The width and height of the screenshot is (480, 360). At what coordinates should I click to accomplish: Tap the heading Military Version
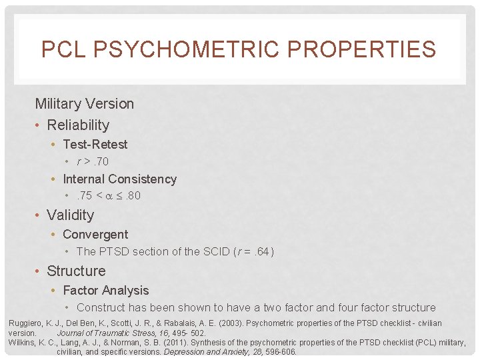click(85, 104)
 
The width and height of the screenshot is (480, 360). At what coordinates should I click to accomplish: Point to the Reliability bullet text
click(78, 125)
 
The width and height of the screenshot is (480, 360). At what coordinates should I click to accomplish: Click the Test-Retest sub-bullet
click(95, 145)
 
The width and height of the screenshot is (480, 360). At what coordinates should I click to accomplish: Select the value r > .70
click(93, 162)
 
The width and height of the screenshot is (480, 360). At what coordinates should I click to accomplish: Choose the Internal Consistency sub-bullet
click(119, 179)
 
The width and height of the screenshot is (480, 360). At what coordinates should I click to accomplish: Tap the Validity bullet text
click(70, 215)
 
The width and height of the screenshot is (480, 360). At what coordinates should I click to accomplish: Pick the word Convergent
click(95, 235)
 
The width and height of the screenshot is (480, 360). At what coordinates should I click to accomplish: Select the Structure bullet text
click(76, 271)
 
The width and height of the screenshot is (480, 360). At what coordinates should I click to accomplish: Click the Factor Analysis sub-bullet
click(105, 291)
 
